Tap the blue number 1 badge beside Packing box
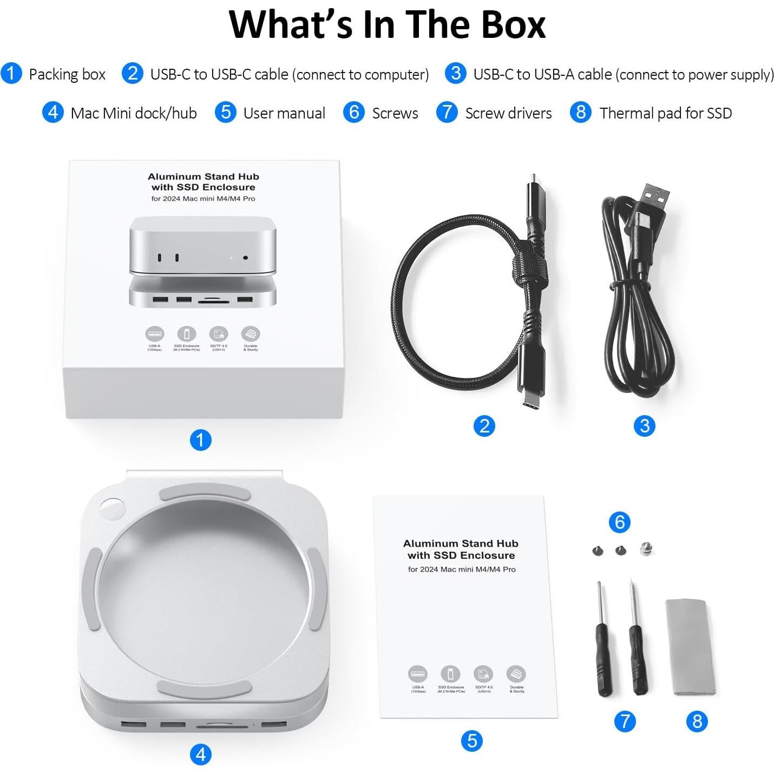[11, 74]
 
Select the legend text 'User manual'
[284, 113]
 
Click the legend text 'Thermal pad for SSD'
[665, 113]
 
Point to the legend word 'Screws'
[395, 113]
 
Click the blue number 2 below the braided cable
[484, 426]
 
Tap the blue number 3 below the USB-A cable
[644, 426]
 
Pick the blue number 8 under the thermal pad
[697, 721]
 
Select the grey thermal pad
[690, 646]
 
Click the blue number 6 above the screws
[620, 522]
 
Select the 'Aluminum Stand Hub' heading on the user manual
[461, 543]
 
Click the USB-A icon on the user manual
[417, 674]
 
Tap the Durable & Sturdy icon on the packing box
[251, 334]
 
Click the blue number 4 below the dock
[200, 754]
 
